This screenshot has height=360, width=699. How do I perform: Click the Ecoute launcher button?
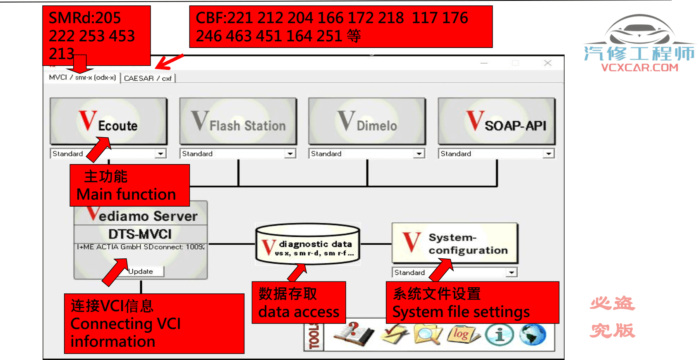[108, 121]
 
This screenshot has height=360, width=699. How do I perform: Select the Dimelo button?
[367, 121]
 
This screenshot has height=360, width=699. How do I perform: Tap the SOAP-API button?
[496, 121]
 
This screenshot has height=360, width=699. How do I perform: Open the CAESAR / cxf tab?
[148, 78]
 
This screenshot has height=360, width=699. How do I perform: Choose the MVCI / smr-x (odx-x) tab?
[82, 77]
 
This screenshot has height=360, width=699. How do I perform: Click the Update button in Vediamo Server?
[141, 272]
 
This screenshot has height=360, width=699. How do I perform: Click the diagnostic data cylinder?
[308, 244]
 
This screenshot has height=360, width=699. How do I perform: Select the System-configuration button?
[455, 243]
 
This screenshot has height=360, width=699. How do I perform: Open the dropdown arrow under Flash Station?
[290, 154]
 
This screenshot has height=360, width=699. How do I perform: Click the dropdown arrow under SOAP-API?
[548, 154]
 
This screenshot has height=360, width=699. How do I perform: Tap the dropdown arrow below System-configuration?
[512, 273]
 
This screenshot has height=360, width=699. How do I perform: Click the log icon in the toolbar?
[462, 334]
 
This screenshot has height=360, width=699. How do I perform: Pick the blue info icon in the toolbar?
[499, 334]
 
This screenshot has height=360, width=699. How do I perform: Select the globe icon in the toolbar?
[532, 334]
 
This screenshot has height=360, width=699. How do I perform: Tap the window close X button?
[548, 63]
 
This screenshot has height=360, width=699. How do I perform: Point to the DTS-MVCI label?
[140, 234]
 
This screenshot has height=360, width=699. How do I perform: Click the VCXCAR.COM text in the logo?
[639, 68]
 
